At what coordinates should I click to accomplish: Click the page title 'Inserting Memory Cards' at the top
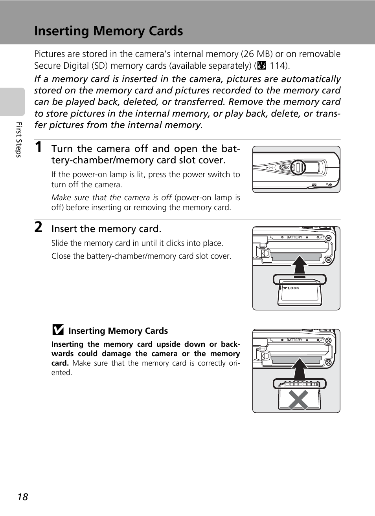[108, 31]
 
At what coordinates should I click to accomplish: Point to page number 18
[23, 497]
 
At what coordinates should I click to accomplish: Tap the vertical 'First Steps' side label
[18, 139]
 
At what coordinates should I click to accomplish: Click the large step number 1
[38, 147]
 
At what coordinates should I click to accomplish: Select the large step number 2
[38, 227]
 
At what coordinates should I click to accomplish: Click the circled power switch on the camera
[298, 167]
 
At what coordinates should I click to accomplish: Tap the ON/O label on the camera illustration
[285, 168]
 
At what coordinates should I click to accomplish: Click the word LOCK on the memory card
[293, 288]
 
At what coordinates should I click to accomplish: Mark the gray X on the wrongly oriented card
[298, 400]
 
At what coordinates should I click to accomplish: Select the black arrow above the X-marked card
[300, 368]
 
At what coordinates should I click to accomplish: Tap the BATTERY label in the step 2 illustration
[294, 238]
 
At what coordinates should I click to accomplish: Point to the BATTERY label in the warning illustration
[294, 340]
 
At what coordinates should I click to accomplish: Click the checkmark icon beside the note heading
[58, 330]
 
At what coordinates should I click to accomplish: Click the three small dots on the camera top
[269, 168]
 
